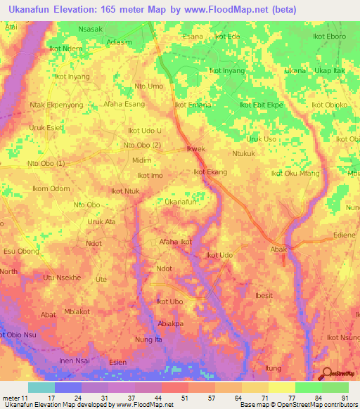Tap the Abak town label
click(280, 249)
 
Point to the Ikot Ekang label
click(210, 171)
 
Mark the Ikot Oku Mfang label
click(296, 173)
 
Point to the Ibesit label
click(264, 296)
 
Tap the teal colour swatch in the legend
click(41, 387)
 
